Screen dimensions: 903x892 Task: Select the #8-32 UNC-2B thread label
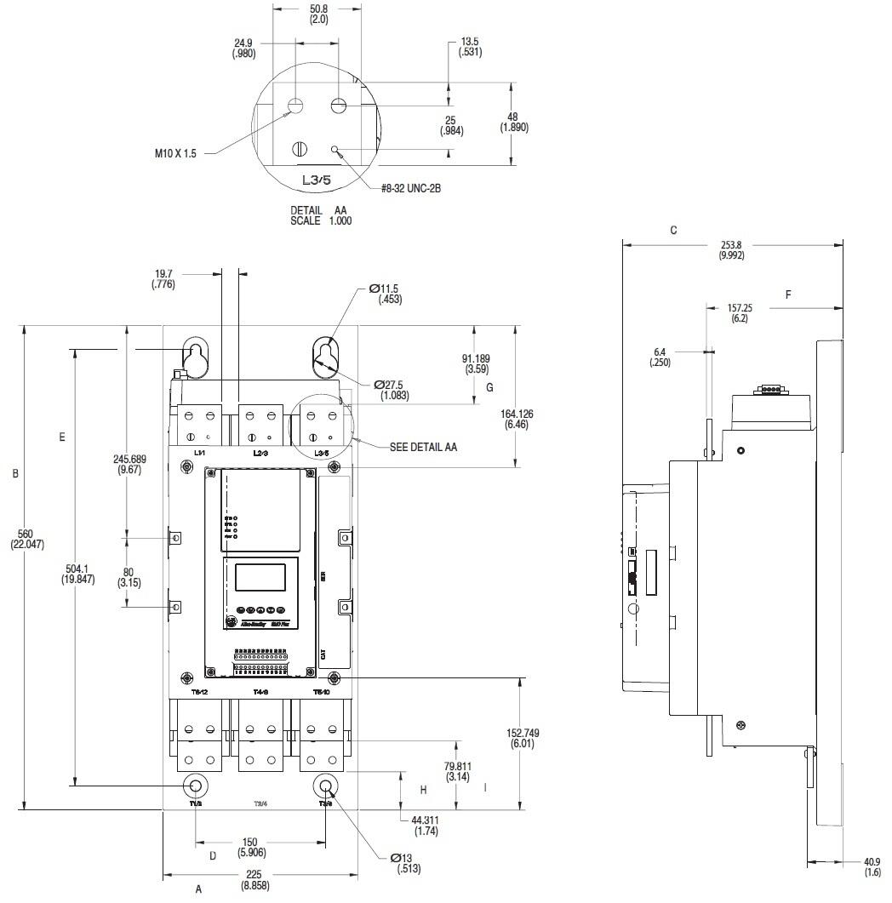(x=411, y=188)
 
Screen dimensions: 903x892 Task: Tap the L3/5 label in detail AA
(x=317, y=180)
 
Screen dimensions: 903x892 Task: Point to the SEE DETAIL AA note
(x=423, y=446)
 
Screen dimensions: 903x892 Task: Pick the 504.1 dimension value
(x=77, y=573)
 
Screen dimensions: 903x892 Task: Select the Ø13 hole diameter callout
(x=405, y=863)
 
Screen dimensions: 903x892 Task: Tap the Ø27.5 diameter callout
(x=392, y=390)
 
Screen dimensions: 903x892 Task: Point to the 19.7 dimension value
(x=165, y=279)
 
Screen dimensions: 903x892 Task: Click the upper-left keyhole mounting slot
(x=196, y=357)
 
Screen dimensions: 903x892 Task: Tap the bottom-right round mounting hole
(x=325, y=785)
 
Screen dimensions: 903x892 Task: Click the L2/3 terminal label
(x=260, y=452)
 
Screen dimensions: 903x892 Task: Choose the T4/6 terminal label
(x=260, y=692)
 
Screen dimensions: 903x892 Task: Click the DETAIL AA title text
(x=319, y=214)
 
